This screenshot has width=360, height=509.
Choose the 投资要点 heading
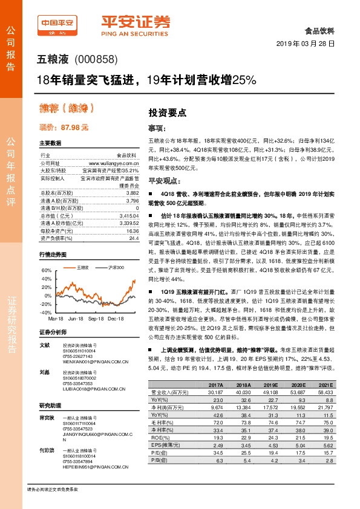point(167,112)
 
